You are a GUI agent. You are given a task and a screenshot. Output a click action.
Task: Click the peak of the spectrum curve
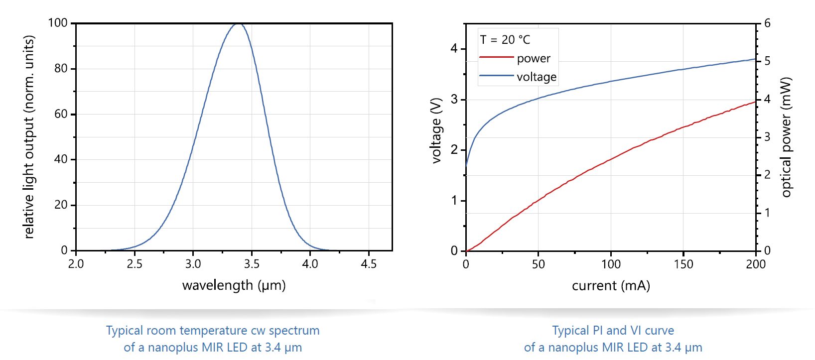239,23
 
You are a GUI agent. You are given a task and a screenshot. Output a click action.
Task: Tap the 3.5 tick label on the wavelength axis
252,264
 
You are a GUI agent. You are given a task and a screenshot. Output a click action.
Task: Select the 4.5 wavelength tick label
369,264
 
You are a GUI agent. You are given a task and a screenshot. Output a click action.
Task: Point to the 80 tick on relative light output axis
61,69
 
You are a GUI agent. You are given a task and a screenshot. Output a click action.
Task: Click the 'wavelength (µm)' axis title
234,285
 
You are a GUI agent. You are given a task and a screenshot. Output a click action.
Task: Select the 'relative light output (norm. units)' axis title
29,137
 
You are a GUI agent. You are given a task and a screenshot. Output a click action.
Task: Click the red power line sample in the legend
496,58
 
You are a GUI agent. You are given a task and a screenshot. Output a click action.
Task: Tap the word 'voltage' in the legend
537,77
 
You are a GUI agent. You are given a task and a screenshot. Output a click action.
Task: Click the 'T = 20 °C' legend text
505,40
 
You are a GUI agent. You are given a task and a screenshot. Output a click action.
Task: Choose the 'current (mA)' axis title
611,286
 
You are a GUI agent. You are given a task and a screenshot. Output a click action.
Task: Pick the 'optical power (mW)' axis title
786,137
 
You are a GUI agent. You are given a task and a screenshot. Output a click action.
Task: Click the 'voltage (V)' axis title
436,131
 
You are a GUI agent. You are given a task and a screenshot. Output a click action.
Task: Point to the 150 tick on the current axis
683,264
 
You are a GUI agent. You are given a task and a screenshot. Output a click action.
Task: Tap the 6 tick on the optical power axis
767,23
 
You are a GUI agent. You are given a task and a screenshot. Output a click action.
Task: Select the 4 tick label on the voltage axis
454,49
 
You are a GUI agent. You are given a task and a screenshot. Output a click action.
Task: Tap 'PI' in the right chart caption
598,331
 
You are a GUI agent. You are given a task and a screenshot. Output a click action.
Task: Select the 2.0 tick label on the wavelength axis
76,264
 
